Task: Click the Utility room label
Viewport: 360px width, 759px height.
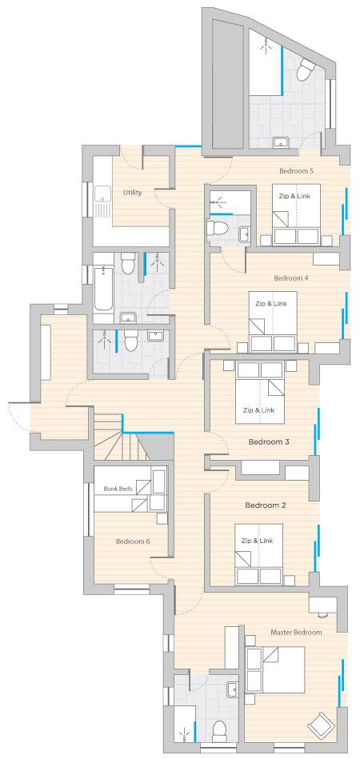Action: click(x=132, y=193)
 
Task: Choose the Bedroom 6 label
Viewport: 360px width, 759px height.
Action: click(x=133, y=541)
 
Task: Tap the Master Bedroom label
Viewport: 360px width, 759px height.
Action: click(x=296, y=632)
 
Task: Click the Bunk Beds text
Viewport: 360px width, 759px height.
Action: click(x=118, y=489)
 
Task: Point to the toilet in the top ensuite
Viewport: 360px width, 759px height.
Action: click(x=305, y=70)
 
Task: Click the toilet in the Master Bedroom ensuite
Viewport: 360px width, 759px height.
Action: click(x=219, y=731)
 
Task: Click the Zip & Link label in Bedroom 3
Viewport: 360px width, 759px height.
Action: click(x=258, y=410)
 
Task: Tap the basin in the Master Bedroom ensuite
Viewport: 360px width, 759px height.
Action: click(x=233, y=688)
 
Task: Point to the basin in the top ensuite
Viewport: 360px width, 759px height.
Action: click(x=280, y=142)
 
